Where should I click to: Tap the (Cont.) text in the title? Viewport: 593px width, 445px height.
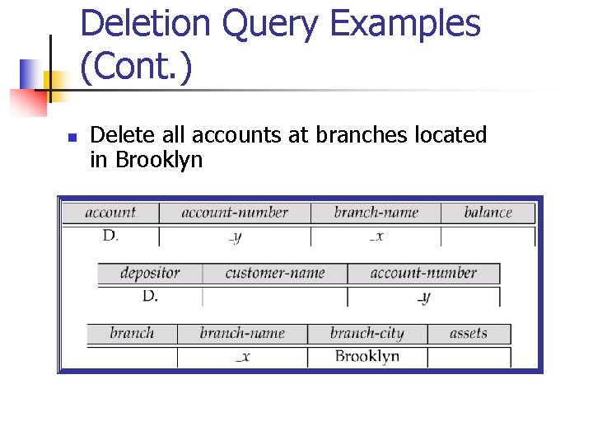137,67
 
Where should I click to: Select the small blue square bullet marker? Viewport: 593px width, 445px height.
72,138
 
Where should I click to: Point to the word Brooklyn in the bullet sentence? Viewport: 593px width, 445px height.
159,159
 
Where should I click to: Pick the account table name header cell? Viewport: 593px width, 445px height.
110,213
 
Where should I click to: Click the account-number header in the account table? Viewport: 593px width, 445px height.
235,213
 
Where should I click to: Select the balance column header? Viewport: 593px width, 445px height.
488,213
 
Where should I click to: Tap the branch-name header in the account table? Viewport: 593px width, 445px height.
376,213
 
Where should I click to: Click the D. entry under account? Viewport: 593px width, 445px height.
110,236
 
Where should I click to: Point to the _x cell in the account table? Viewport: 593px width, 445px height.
376,237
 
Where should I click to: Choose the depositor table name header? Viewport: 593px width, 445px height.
149,273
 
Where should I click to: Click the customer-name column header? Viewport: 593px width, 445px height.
275,273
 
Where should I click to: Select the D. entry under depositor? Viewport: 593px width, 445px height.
149,295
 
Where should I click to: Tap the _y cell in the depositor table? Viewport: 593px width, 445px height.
423,297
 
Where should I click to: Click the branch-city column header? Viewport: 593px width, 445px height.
367,334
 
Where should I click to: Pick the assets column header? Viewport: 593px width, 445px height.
469,334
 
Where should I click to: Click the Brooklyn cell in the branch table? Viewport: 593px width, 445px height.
367,356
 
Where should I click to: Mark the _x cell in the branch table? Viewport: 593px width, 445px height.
242,357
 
